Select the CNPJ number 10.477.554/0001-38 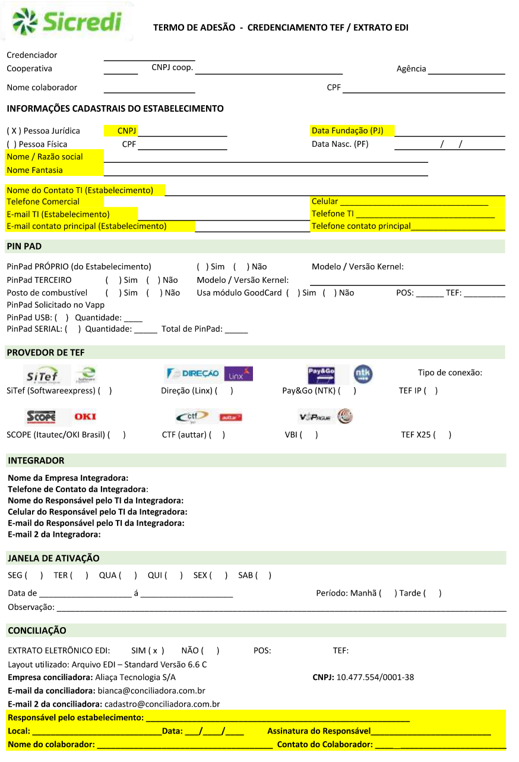(x=375, y=677)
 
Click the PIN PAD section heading (x=24, y=246)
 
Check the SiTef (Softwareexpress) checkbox (x=106, y=391)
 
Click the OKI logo (x=85, y=417)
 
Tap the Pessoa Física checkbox (x=11, y=144)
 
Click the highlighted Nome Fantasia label (x=34, y=170)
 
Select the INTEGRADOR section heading (x=36, y=460)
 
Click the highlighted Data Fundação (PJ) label (x=347, y=130)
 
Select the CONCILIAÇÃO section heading (x=37, y=630)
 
